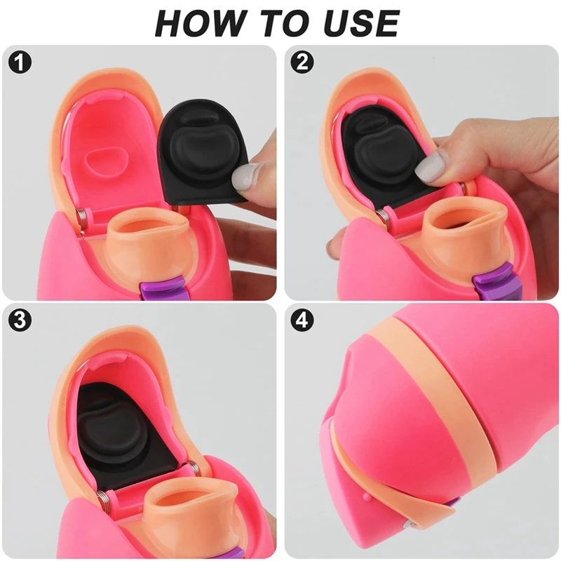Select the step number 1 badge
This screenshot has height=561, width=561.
[x=21, y=62]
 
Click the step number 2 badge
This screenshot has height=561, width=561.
[x=302, y=62]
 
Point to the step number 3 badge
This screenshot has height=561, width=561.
[x=21, y=320]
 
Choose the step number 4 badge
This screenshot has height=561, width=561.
[x=302, y=320]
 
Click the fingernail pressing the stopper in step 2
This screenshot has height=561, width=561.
[x=430, y=166]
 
